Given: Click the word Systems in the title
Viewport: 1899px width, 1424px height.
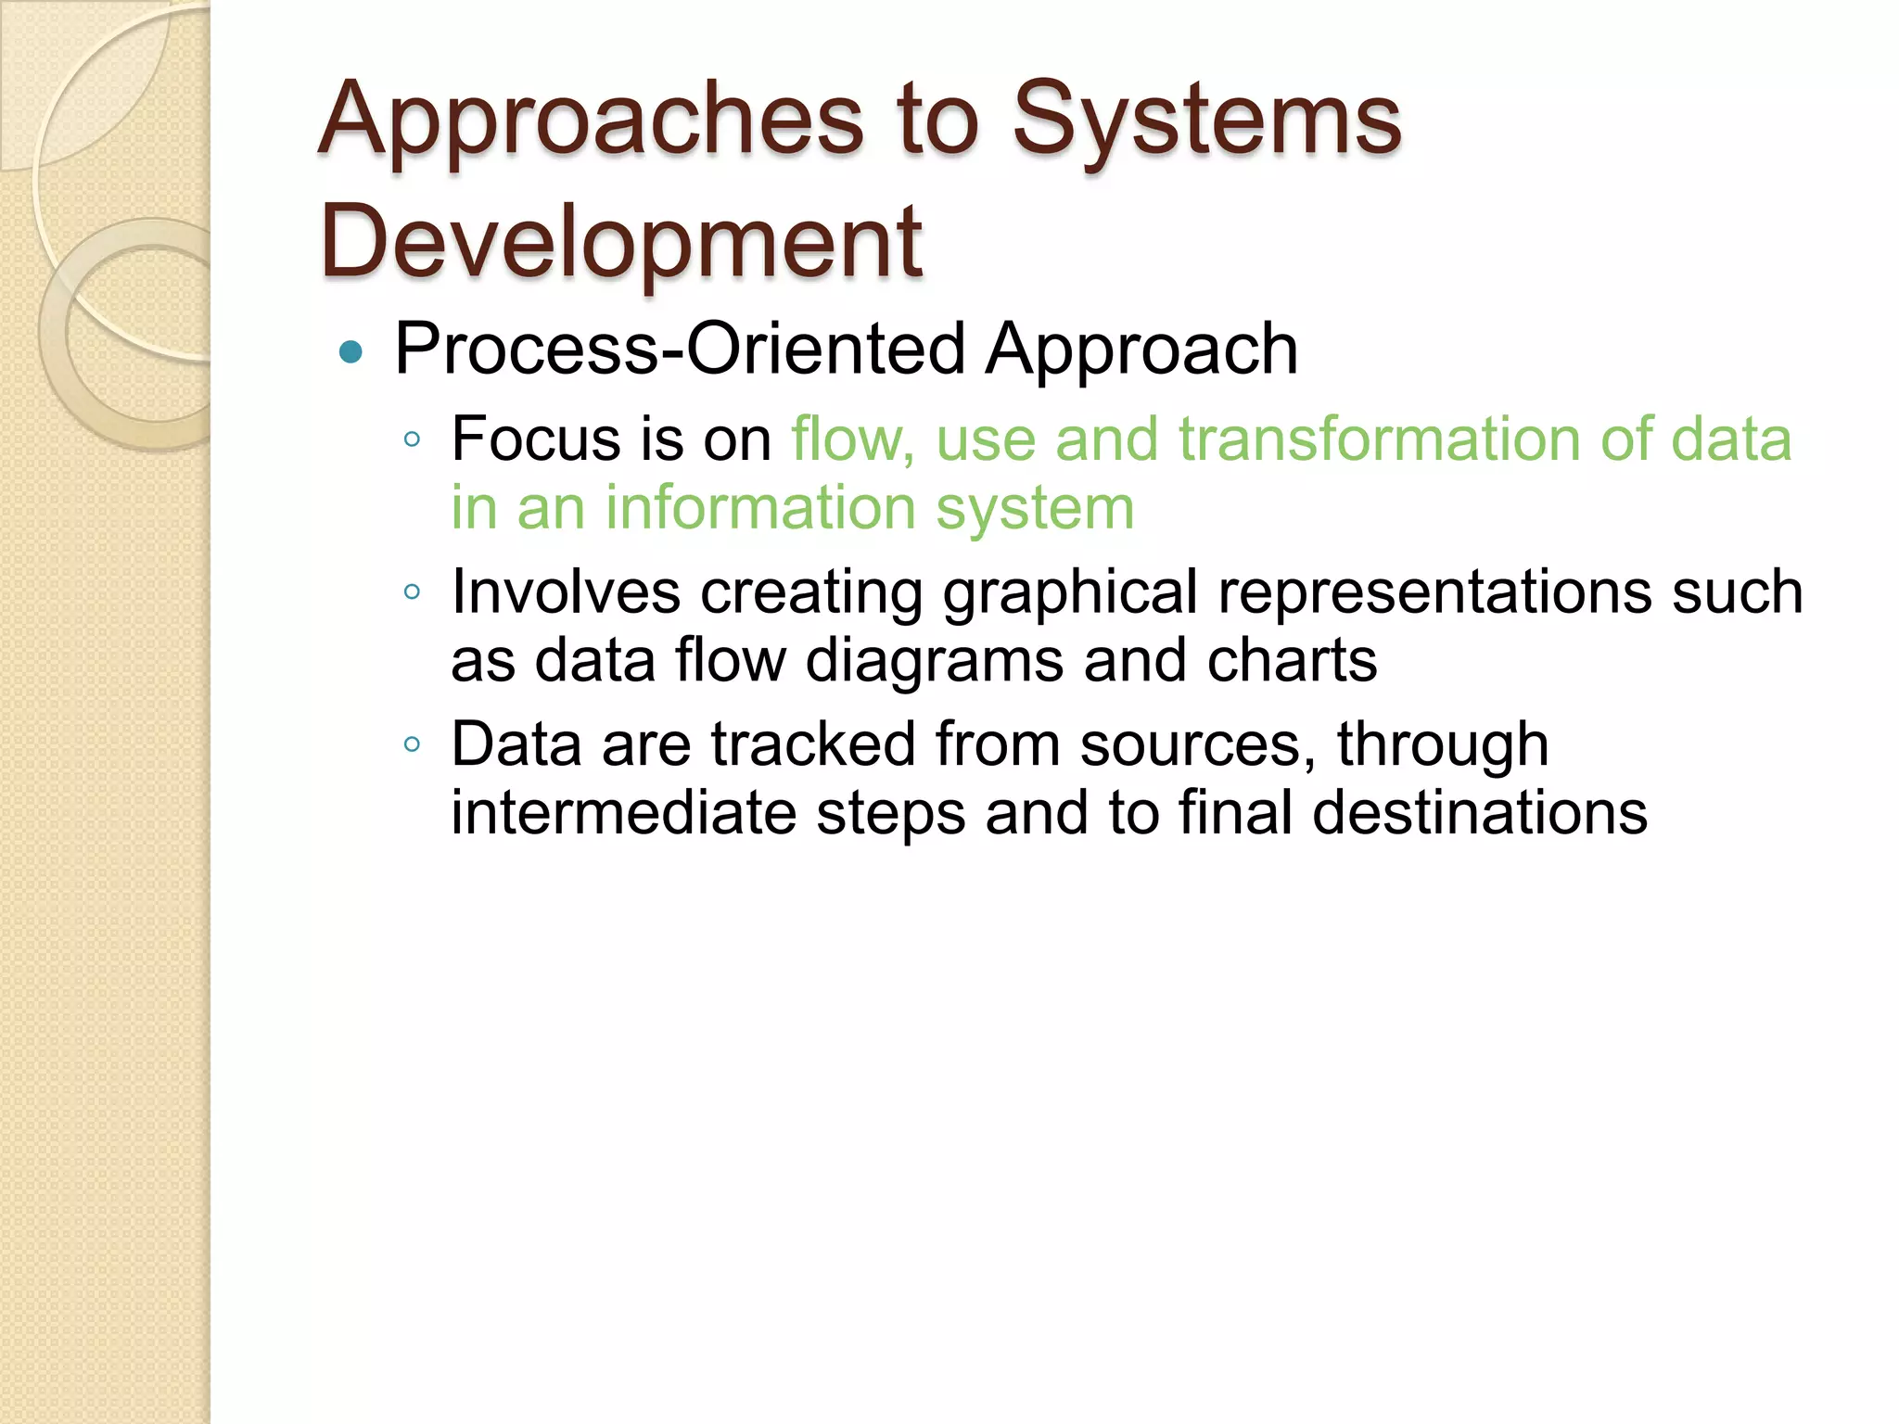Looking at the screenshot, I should (x=1205, y=121).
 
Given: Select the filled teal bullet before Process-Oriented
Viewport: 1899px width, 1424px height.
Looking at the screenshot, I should (x=350, y=352).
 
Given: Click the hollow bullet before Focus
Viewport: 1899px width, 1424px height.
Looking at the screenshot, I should (x=413, y=439).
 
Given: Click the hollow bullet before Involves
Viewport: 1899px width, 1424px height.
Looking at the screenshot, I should (x=413, y=591).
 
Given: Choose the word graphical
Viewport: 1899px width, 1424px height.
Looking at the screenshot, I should (x=1070, y=591).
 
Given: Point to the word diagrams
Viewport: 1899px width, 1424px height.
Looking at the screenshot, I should (x=934, y=660).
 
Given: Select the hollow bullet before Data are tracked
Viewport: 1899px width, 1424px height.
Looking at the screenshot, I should (x=413, y=744).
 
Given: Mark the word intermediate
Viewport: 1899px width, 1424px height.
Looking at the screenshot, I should (x=623, y=813).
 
